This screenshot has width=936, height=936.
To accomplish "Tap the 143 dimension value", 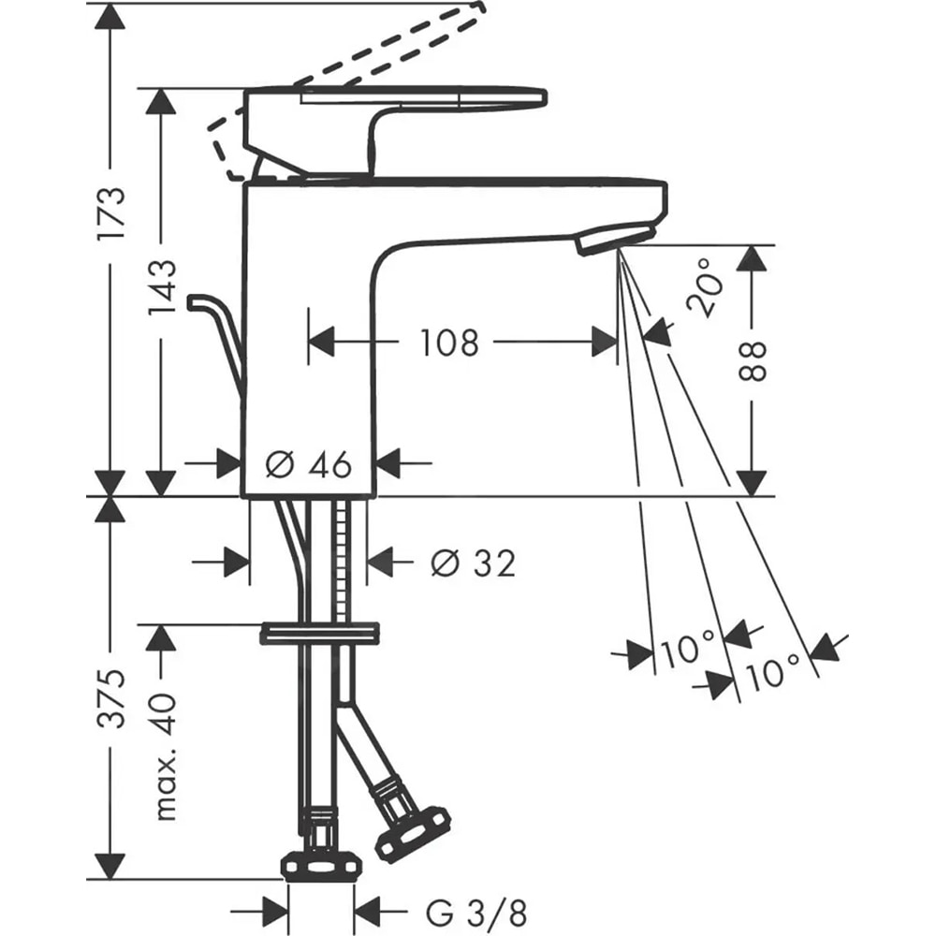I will (x=161, y=287).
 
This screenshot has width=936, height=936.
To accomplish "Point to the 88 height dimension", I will (x=753, y=361).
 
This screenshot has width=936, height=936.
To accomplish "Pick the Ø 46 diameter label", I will (x=308, y=462).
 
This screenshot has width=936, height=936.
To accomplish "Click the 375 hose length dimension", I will (x=111, y=698).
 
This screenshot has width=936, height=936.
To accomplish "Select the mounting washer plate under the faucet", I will (x=320, y=634).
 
